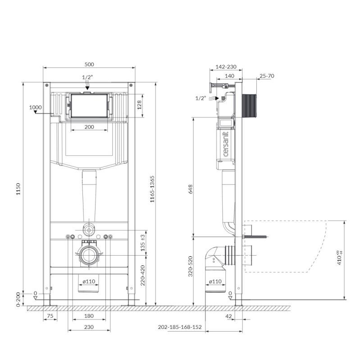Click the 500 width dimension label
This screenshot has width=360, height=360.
89,64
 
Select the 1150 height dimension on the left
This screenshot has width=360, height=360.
18,189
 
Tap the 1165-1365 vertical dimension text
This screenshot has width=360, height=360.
152,189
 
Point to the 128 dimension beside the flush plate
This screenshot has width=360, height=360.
139,105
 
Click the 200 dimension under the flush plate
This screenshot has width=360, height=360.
89,127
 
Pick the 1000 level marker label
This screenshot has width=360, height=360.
36,107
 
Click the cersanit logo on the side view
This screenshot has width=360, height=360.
226,144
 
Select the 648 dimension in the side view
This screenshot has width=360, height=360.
191,189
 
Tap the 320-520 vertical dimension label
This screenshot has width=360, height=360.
191,266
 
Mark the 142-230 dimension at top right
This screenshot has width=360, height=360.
226,67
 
